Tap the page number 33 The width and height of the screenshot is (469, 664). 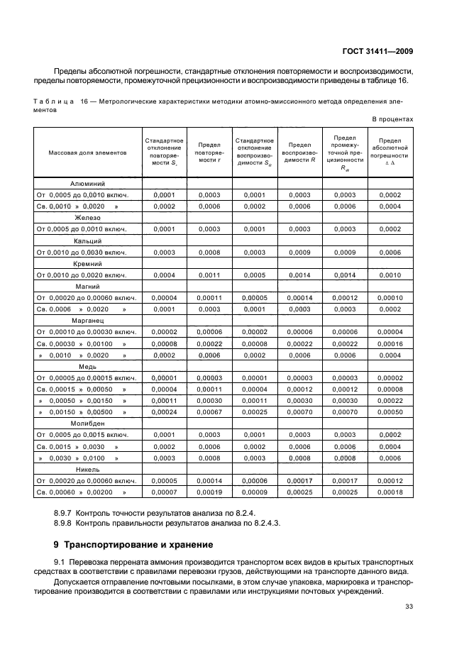coord(409,606)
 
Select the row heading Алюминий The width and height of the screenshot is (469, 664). coord(88,183)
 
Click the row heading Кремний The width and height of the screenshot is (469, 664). coord(88,263)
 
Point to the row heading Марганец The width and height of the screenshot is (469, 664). coord(88,321)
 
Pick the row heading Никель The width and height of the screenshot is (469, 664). coord(88,469)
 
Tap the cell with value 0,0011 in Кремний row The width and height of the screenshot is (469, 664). coord(209,275)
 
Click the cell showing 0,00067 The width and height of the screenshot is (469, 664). coord(209,411)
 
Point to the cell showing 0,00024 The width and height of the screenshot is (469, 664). coord(164,411)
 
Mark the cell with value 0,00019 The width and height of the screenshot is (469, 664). coord(209,492)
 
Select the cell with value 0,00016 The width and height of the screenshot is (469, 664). coord(390,343)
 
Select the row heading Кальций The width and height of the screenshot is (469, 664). coord(88,240)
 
